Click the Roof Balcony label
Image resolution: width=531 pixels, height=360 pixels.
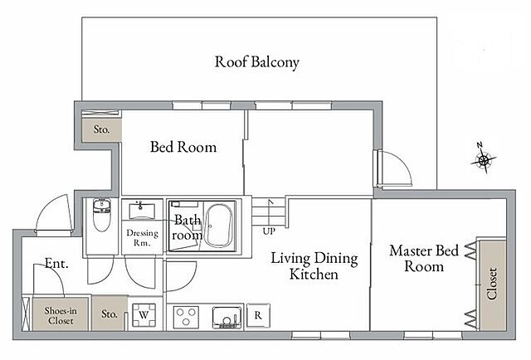click(x=257, y=62)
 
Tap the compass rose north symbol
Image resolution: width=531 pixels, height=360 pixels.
click(x=483, y=158)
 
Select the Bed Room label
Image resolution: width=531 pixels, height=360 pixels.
click(x=183, y=147)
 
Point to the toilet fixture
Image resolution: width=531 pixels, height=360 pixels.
click(x=101, y=216)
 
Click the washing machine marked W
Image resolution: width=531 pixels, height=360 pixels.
click(x=144, y=315)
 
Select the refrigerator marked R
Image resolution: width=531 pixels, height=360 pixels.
click(x=258, y=316)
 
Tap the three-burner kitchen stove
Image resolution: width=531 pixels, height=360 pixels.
click(x=186, y=317)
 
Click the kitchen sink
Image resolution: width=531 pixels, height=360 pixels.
click(x=228, y=318)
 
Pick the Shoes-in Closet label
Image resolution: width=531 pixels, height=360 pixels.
click(x=61, y=315)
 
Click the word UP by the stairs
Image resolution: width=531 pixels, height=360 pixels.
click(x=269, y=231)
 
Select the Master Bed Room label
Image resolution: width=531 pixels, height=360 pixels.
click(x=424, y=259)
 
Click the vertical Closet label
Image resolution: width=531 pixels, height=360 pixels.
click(x=492, y=284)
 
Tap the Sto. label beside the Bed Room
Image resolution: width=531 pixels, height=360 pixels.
click(x=101, y=129)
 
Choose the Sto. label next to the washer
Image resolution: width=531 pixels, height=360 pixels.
click(x=110, y=314)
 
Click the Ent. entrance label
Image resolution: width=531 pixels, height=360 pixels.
click(x=56, y=264)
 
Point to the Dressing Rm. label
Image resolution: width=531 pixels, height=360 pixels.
click(x=142, y=238)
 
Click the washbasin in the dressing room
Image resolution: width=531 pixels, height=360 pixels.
click(x=142, y=211)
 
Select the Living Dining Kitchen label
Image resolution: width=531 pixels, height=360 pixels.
click(x=314, y=266)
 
